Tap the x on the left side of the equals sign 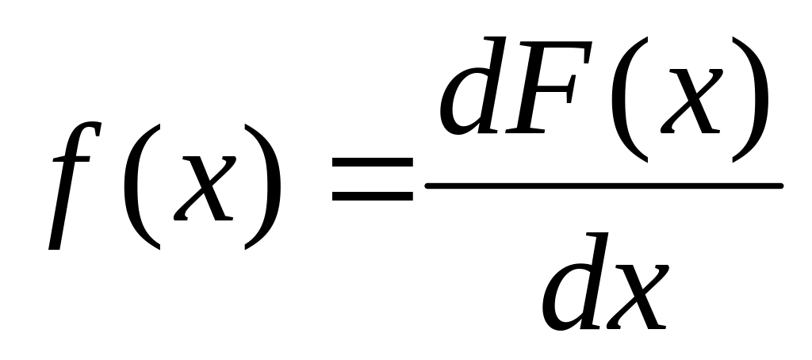205,188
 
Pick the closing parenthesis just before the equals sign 262,186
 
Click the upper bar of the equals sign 373,162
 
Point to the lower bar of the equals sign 373,196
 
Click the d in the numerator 473,86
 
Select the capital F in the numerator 549,87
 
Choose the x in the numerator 691,101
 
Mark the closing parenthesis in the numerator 750,99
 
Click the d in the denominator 575,281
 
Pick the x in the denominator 638,297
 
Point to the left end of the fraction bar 427,186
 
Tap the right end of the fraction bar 781,186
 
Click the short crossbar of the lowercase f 71,159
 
